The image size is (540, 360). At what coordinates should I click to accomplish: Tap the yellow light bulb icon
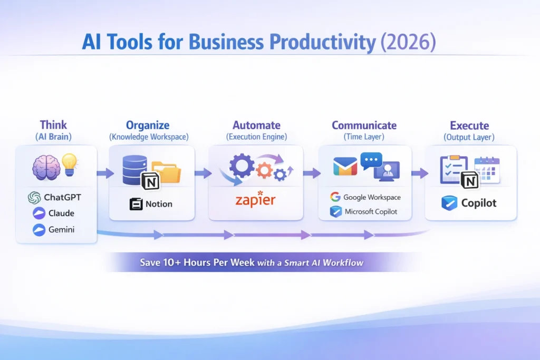pos(70,163)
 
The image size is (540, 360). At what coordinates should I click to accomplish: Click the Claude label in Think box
pos(53,213)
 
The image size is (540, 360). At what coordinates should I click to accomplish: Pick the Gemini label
pos(53,230)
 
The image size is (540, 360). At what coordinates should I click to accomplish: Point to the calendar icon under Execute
pos(487,170)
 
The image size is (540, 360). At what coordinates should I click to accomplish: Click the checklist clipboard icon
pos(452,169)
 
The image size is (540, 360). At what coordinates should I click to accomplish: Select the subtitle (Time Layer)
pos(364,137)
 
